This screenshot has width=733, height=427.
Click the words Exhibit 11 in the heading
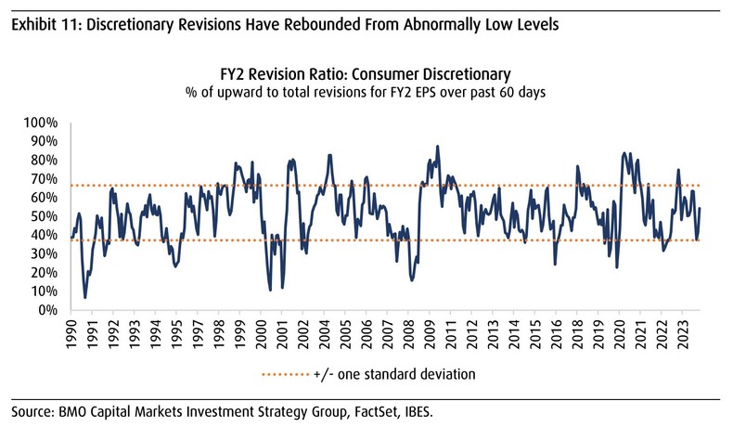click(x=42, y=25)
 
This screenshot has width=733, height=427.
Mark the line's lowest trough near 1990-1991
click(x=85, y=297)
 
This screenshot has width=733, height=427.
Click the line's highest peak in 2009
click(x=437, y=146)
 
